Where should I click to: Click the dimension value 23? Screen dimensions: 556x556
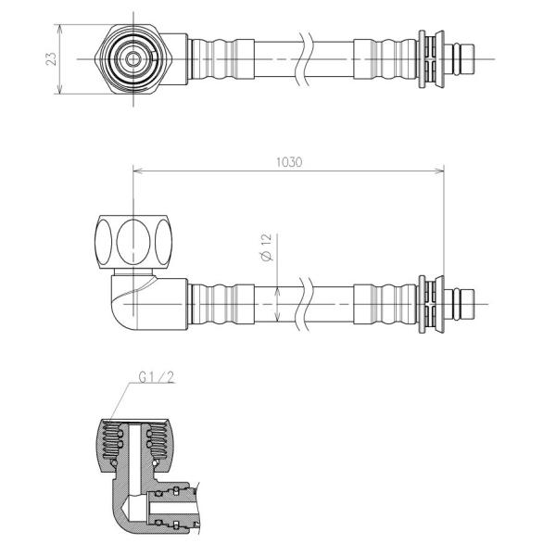[x=52, y=58]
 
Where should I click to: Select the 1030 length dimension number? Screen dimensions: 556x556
[x=289, y=161]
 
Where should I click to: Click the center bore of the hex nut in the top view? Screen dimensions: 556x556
[x=133, y=58]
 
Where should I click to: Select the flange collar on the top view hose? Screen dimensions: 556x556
[x=427, y=58]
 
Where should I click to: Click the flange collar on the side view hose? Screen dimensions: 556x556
[x=427, y=302]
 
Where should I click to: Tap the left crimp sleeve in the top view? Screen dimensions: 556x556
[x=221, y=58]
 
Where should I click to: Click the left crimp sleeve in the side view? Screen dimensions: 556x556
[x=221, y=302]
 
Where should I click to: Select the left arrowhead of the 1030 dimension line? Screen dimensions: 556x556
[x=138, y=169]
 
